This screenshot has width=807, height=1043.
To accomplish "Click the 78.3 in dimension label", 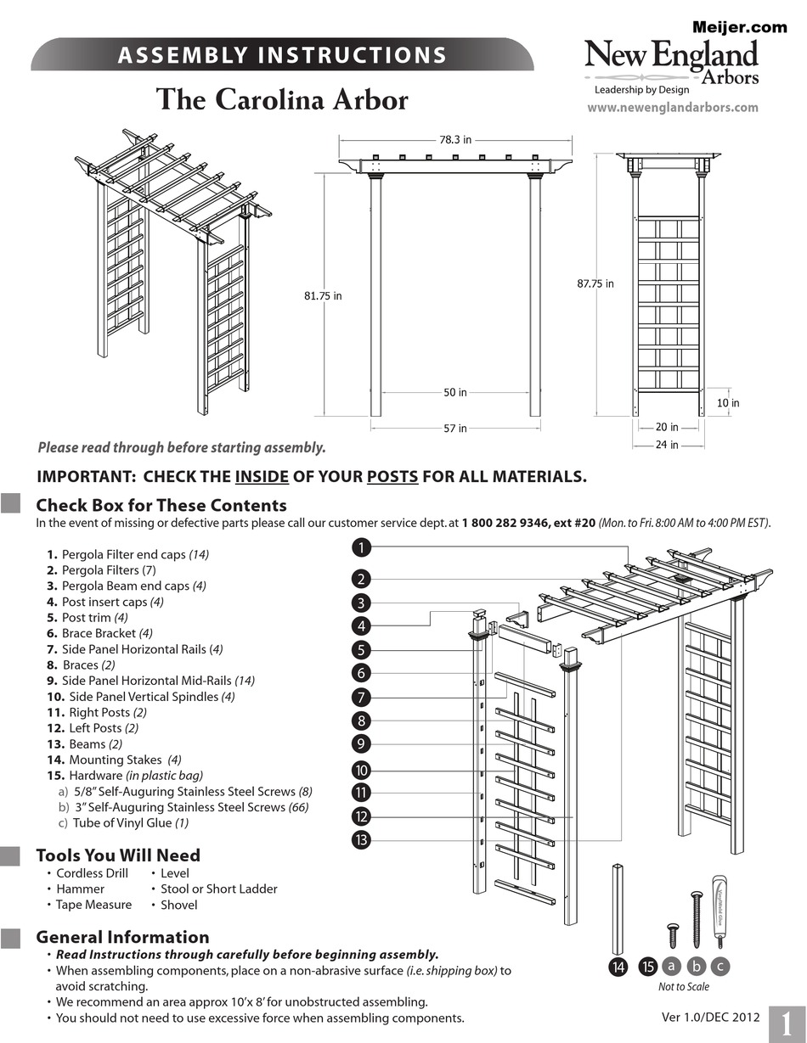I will click(455, 140).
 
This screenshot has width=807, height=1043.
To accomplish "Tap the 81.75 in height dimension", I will click(323, 296).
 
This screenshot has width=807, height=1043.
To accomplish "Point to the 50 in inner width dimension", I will click(455, 393).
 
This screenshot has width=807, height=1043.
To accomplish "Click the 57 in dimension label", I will click(455, 429).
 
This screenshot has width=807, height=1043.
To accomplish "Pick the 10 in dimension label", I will click(727, 403).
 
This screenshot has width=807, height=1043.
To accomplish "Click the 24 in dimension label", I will click(668, 445).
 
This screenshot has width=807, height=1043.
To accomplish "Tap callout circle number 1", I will click(361, 547).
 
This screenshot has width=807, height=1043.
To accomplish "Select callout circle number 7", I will click(361, 698).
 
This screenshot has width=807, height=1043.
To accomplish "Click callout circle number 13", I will click(361, 840).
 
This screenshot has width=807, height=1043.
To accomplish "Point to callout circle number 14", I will click(618, 967).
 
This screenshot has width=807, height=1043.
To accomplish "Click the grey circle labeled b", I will click(697, 967).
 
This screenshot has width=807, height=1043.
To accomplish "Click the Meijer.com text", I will click(739, 27).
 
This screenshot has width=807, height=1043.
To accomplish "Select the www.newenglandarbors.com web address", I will click(672, 108).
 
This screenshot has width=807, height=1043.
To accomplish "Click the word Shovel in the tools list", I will click(178, 905).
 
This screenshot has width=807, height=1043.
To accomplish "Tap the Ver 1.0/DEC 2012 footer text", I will click(710, 1017).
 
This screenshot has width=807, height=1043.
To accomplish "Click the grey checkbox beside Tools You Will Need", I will click(10, 855).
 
